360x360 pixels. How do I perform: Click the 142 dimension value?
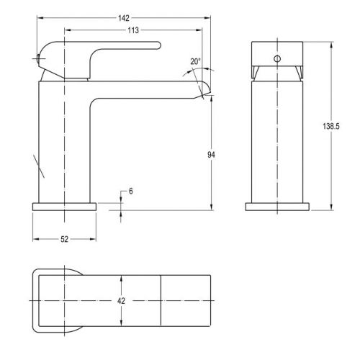coord(124,18)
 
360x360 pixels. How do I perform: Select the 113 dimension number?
coord(133,30)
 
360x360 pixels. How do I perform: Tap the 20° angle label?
coord(195,61)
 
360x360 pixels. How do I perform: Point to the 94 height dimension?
coord(211,155)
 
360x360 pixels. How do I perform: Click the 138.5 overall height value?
coord(331,126)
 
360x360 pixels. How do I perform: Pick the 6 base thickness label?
coord(131,192)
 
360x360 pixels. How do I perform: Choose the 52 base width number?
coord(64,239)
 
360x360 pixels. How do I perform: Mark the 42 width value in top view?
coord(121,301)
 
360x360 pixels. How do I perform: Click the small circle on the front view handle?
coord(277,58)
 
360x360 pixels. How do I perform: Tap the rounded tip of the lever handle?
coord(159,45)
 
